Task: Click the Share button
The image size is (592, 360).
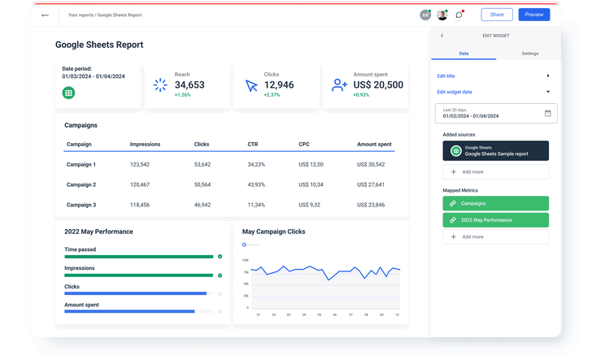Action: click(x=496, y=15)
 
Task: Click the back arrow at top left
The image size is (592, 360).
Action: click(x=45, y=15)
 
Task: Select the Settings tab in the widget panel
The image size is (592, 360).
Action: click(x=529, y=53)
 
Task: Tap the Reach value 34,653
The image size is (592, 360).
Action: click(x=189, y=85)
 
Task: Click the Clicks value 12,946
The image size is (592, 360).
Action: click(x=279, y=85)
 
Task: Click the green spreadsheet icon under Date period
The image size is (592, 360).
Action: click(x=69, y=93)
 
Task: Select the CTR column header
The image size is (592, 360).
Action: click(x=253, y=144)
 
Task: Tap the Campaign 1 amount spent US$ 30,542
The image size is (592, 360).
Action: click(x=371, y=164)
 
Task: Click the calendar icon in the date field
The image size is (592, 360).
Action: click(x=547, y=113)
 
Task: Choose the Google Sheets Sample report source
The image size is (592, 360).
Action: click(x=495, y=150)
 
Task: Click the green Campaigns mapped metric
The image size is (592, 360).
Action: click(x=495, y=203)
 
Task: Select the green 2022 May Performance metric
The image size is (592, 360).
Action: click(x=495, y=220)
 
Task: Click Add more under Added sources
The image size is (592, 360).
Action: click(x=495, y=172)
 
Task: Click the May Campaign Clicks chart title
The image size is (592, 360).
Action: click(x=273, y=232)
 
